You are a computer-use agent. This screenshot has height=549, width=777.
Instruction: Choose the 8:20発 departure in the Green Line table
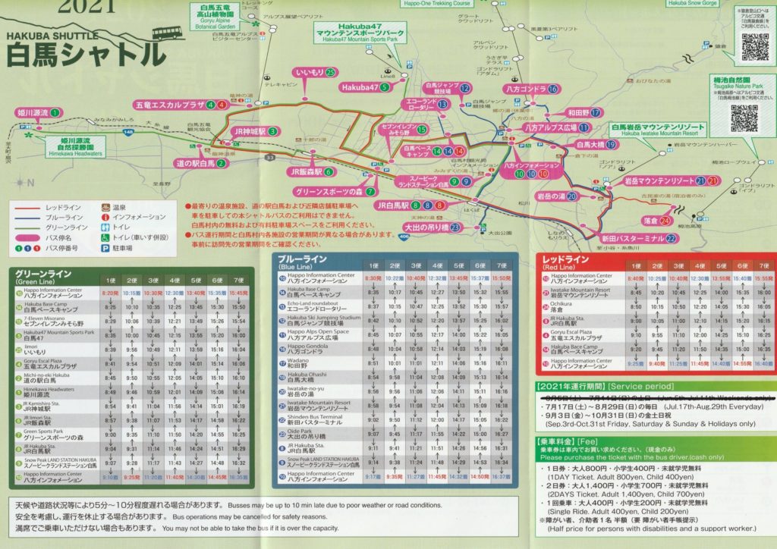click(110, 293)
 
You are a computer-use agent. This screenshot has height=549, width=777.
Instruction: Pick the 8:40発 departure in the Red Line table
click(637, 278)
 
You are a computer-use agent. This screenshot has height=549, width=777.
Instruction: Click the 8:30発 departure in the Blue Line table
click(373, 278)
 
